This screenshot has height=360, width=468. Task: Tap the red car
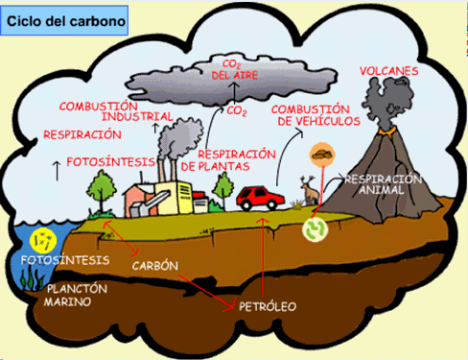pyautogui.click(x=258, y=198)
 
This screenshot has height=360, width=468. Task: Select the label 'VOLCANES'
pyautogui.click(x=388, y=71)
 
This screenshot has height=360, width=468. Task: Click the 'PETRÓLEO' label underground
pyautogui.click(x=268, y=306)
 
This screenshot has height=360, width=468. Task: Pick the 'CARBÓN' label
pyautogui.click(x=155, y=265)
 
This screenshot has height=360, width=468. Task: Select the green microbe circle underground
pyautogui.click(x=316, y=229)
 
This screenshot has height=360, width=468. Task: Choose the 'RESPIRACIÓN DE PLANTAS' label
pyautogui.click(x=237, y=159)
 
